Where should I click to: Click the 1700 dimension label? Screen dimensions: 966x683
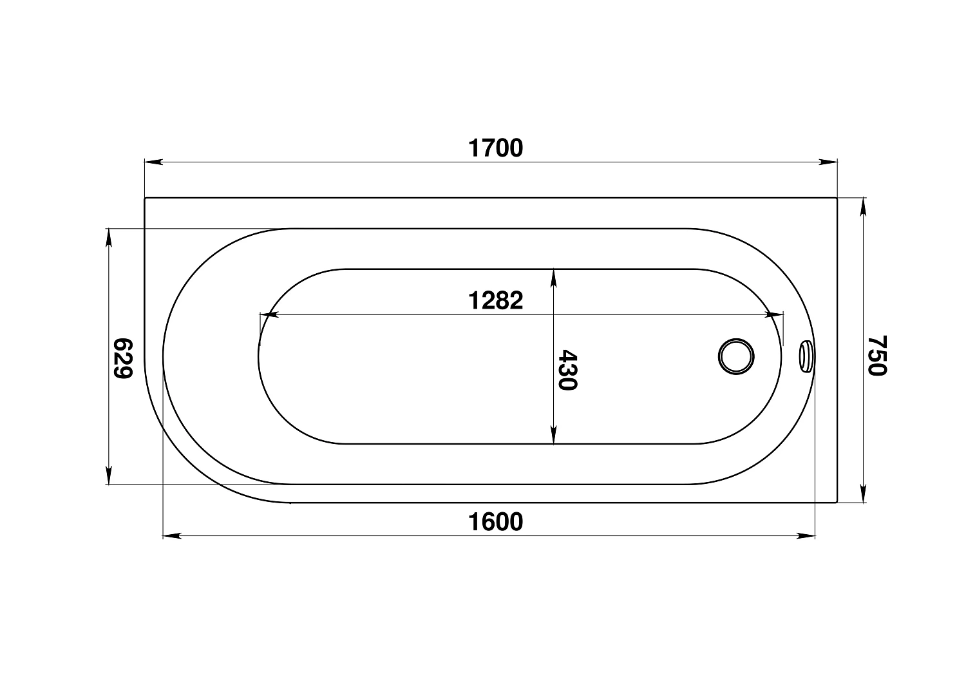(x=495, y=148)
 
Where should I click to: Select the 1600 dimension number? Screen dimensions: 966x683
(x=495, y=522)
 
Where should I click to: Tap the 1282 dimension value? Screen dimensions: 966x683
(x=495, y=300)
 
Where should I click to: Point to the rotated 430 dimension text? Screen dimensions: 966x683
(x=567, y=370)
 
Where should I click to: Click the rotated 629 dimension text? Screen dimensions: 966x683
(x=122, y=358)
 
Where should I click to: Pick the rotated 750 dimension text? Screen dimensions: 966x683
(x=876, y=356)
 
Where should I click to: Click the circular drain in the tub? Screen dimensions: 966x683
(x=736, y=357)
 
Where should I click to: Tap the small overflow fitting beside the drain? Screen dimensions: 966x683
(x=806, y=357)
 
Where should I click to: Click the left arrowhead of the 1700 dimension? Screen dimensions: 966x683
(x=153, y=162)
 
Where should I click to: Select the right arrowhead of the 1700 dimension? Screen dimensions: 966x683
(x=828, y=162)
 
